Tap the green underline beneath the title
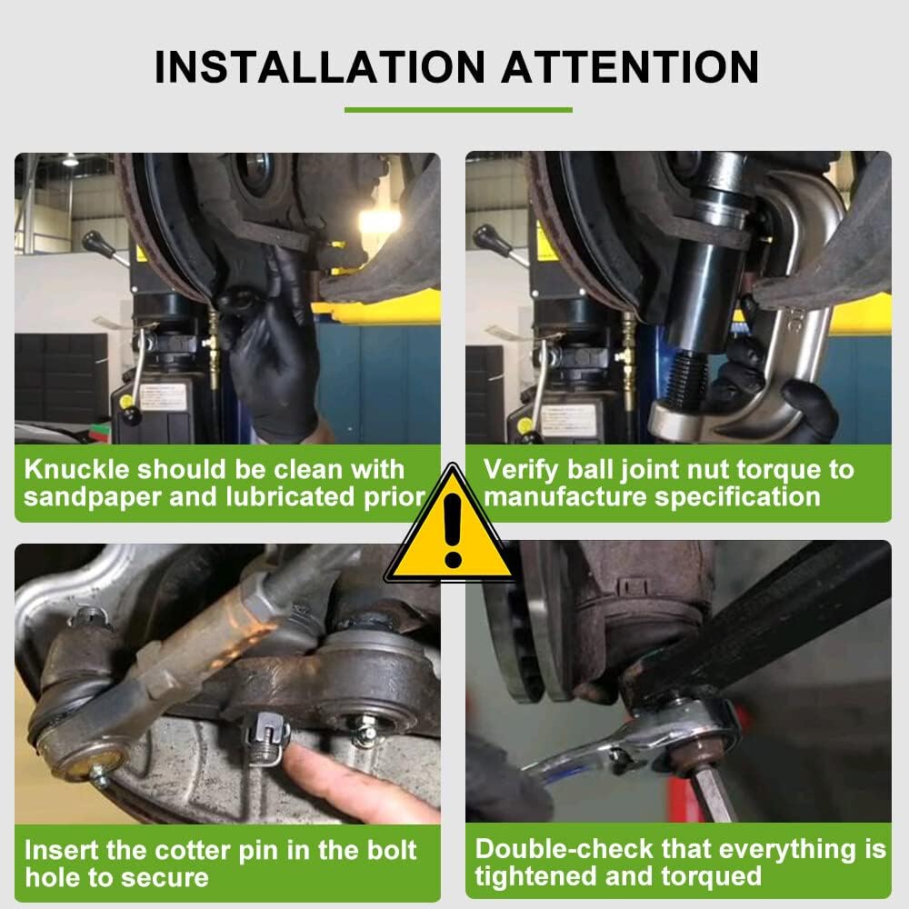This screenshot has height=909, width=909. click(458, 110)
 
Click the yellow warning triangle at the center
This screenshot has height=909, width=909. click(452, 527)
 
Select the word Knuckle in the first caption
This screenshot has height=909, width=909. click(79, 469)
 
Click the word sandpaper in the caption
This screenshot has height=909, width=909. click(95, 496)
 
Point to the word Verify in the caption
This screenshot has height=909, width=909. click(516, 469)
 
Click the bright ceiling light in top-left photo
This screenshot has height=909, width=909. click(379, 221)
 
